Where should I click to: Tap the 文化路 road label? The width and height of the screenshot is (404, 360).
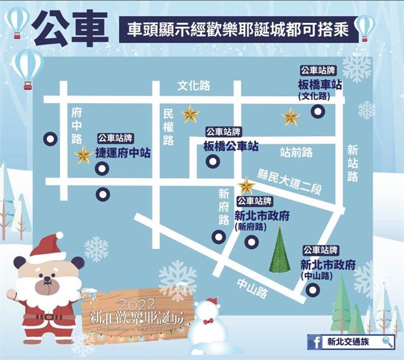(195, 84)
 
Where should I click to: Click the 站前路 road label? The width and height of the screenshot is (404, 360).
(296, 151)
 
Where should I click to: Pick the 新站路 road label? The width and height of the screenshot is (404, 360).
(352, 163)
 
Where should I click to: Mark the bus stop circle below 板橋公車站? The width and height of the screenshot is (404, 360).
(211, 162)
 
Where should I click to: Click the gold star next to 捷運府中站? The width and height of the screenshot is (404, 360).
(83, 156)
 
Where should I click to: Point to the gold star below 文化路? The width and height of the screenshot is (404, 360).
(190, 114)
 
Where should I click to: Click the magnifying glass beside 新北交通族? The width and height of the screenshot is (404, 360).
(387, 342)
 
